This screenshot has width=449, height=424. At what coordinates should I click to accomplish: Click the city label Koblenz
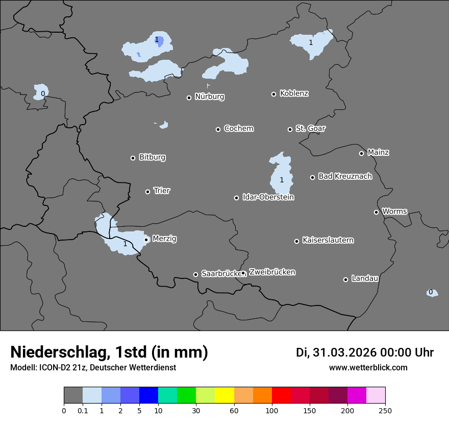[294, 93]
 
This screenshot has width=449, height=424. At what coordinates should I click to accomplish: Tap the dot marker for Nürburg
[189, 98]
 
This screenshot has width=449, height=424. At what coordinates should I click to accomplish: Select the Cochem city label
[238, 129]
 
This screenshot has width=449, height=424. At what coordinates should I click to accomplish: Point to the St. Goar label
[310, 129]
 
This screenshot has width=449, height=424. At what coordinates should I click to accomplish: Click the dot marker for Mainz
[361, 153]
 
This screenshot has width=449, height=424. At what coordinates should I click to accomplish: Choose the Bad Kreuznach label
[345, 177]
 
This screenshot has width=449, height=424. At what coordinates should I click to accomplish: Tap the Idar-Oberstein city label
[268, 197]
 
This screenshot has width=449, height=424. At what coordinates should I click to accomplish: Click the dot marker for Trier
[148, 192]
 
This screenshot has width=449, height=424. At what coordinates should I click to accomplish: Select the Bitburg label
[152, 157]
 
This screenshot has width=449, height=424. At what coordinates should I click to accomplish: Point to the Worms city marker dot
[376, 212]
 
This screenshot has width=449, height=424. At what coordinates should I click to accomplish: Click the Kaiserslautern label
[328, 241]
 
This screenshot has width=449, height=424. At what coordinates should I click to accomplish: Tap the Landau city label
[365, 279]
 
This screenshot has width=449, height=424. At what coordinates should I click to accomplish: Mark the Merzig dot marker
[146, 240]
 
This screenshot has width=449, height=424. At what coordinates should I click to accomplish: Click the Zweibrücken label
[272, 272]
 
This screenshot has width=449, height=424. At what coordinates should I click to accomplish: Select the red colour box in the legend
[281, 395]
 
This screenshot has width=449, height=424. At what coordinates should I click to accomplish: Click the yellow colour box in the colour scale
[224, 395]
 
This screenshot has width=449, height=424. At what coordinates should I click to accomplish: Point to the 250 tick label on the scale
[385, 410]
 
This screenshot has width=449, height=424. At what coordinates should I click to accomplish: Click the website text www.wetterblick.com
[368, 368]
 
